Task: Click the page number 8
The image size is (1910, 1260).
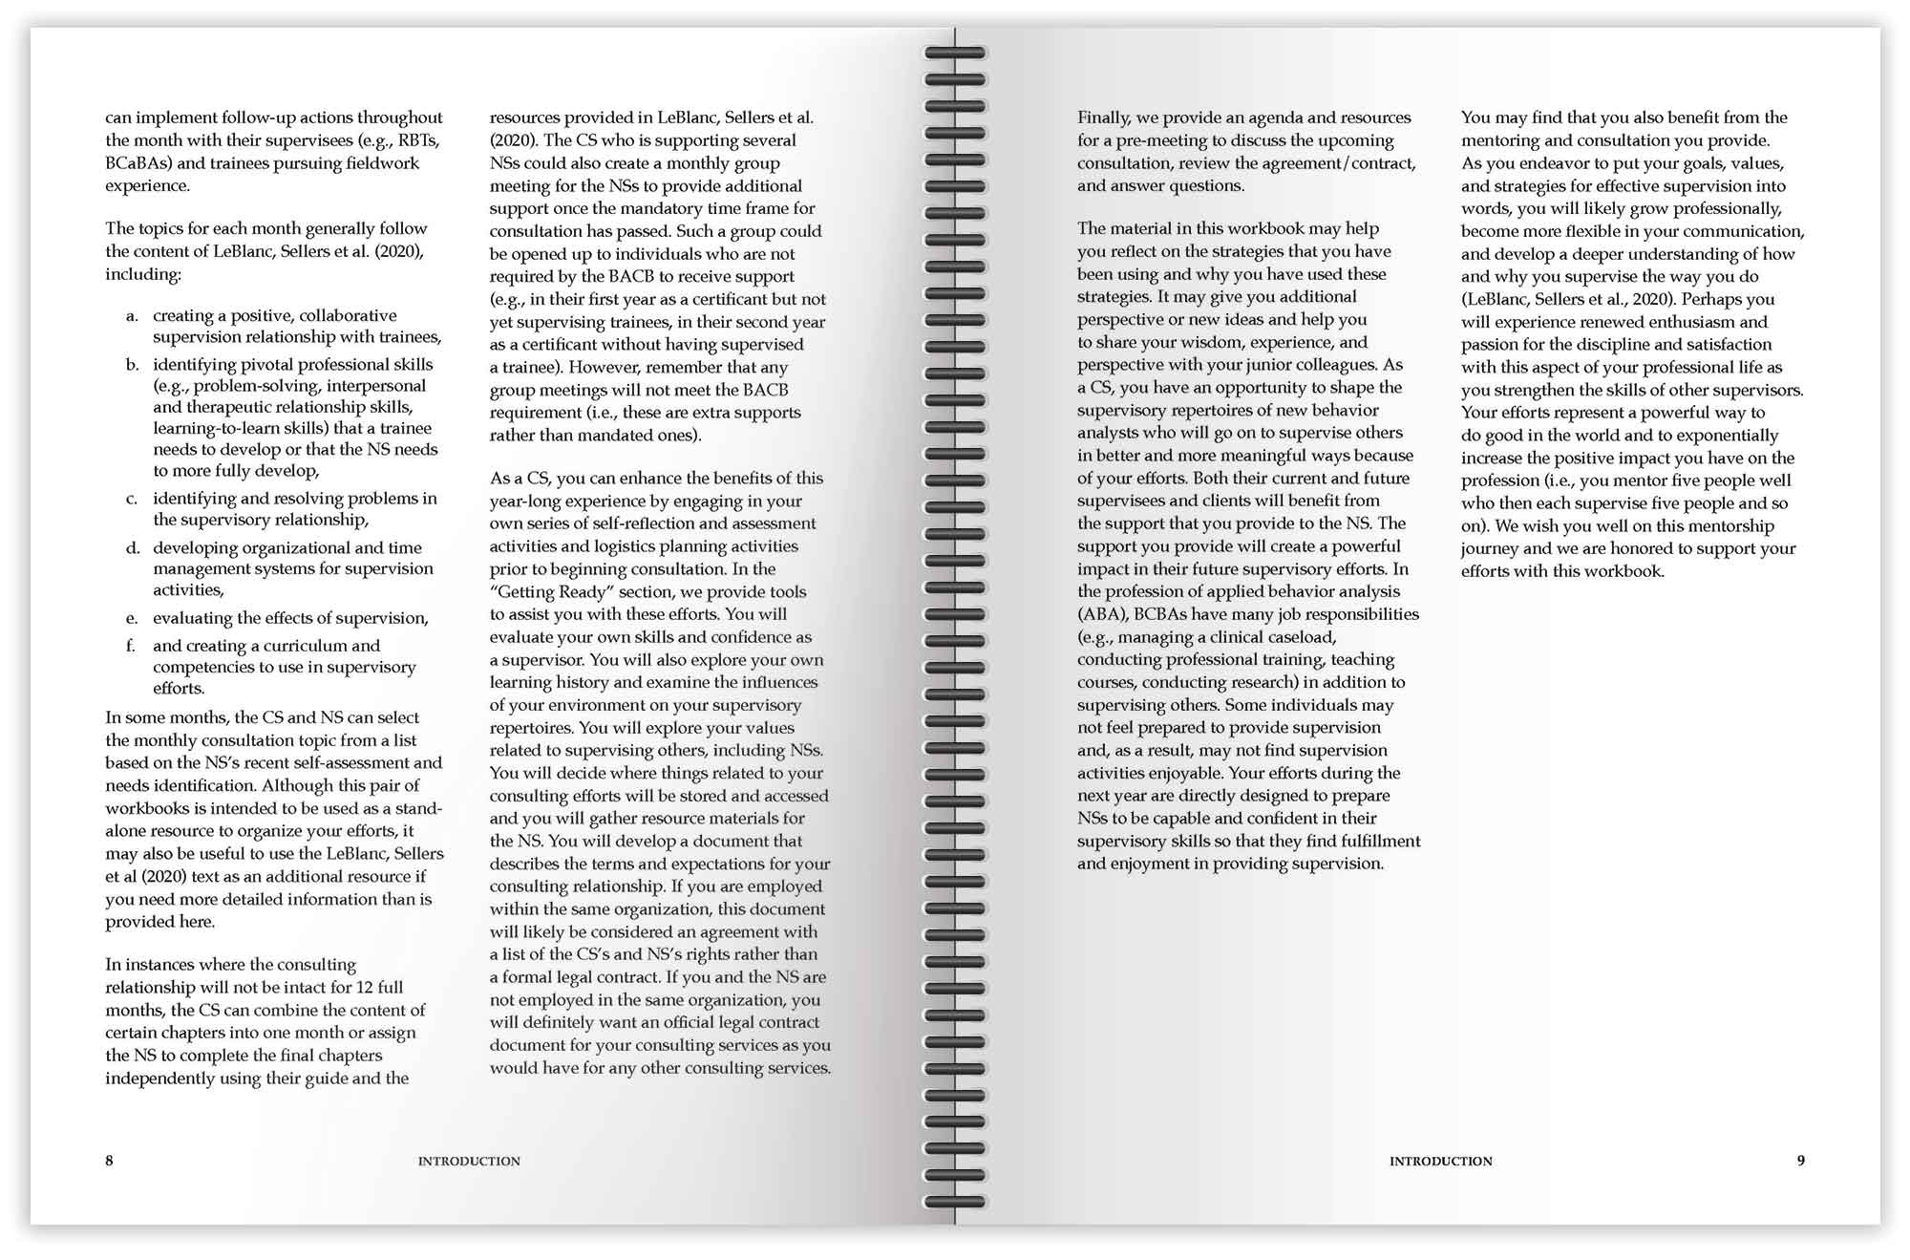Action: tap(109, 1161)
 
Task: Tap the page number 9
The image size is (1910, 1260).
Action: tap(1800, 1161)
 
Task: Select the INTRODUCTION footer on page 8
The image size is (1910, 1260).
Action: tap(469, 1162)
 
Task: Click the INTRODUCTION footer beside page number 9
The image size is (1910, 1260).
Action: tap(1440, 1162)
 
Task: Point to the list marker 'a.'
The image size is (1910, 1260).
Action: tap(132, 316)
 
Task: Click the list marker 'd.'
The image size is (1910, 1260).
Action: tap(133, 548)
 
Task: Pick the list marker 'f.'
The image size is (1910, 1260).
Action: tap(131, 647)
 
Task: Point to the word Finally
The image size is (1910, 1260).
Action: tap(1104, 117)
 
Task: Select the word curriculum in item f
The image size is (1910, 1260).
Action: tap(311, 647)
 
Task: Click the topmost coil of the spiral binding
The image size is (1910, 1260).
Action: tap(955, 53)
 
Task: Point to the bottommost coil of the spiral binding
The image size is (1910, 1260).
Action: tap(955, 1202)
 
